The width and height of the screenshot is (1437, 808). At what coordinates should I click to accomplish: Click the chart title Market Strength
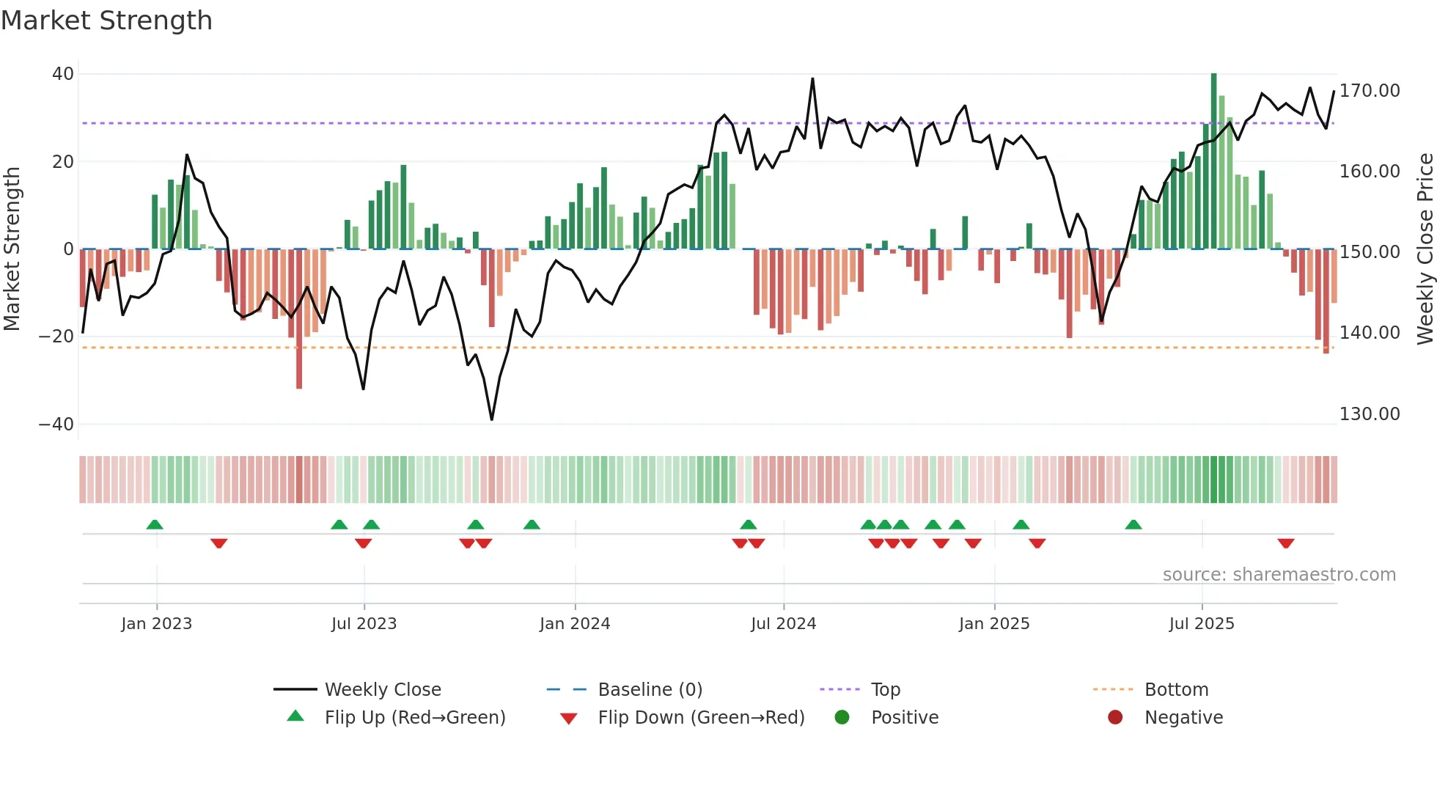point(106,21)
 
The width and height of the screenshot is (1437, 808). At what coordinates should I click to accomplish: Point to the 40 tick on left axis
point(63,74)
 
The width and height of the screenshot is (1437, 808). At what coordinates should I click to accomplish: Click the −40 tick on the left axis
point(56,425)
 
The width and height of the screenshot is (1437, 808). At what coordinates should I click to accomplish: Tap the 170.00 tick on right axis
point(1369,91)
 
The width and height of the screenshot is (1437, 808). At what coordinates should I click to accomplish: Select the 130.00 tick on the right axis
point(1369,414)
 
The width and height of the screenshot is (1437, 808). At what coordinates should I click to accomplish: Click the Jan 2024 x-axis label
point(574,624)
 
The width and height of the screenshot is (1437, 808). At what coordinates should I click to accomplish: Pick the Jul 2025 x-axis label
point(1201,624)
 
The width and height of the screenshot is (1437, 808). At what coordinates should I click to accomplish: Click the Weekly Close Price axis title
point(1425,249)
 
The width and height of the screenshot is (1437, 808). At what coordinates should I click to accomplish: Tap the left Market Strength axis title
point(12,249)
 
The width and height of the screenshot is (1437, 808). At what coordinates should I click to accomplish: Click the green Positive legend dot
point(842,718)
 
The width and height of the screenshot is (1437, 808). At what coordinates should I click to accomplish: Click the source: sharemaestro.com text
point(1279,575)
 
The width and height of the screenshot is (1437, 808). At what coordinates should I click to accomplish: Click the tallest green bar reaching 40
point(1213,161)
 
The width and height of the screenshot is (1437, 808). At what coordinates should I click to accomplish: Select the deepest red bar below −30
point(299,319)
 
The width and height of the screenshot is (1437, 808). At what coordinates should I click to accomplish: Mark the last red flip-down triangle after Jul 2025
point(1285,543)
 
